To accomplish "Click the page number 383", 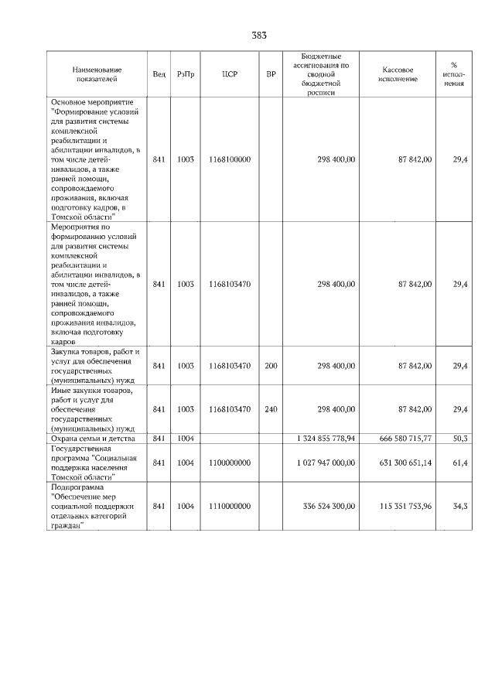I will click(259, 36).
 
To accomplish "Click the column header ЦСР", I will click(229, 74).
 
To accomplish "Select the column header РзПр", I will click(186, 74).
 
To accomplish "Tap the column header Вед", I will click(159, 74).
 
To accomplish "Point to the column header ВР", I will click(271, 74).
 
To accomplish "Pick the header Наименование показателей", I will click(97, 74).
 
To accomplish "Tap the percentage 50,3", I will click(459, 438).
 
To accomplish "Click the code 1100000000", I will click(229, 463).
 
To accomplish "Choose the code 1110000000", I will click(229, 506).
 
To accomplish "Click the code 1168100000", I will click(229, 159).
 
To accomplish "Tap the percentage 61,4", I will click(459, 463).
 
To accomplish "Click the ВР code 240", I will click(271, 408).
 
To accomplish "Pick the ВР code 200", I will click(271, 365).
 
